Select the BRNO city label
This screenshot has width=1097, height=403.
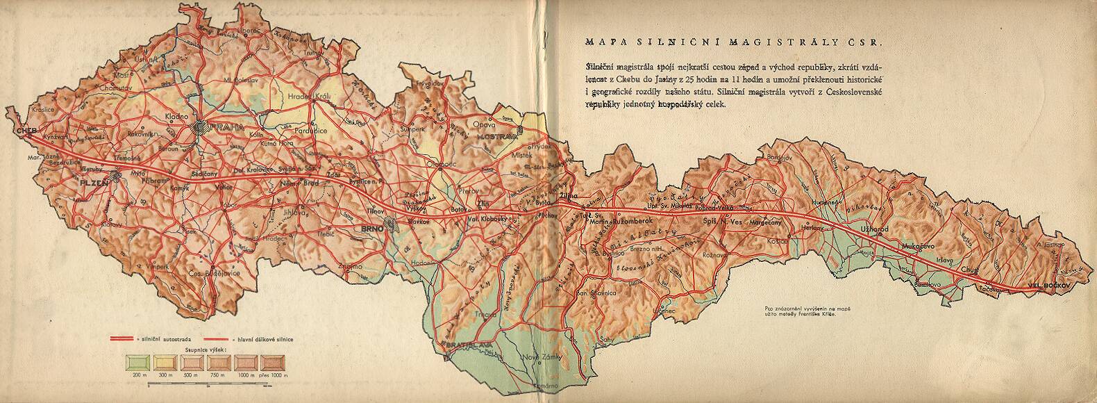point(370,228)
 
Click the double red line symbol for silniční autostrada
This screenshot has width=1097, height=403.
point(123,338)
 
